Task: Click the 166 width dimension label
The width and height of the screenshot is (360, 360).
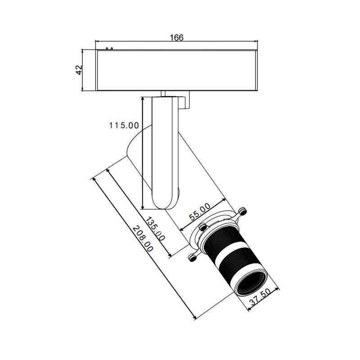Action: (x=176, y=37)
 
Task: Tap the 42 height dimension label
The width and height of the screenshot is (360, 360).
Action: (x=79, y=70)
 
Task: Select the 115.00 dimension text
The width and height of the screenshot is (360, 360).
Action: (x=124, y=126)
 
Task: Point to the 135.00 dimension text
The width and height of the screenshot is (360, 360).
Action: (x=155, y=229)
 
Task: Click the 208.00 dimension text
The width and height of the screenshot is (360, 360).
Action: (x=143, y=239)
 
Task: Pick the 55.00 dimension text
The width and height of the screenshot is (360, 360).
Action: (x=199, y=211)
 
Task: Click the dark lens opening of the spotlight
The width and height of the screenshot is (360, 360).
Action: (x=252, y=284)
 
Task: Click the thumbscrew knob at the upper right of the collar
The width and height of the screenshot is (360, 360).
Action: (x=243, y=211)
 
